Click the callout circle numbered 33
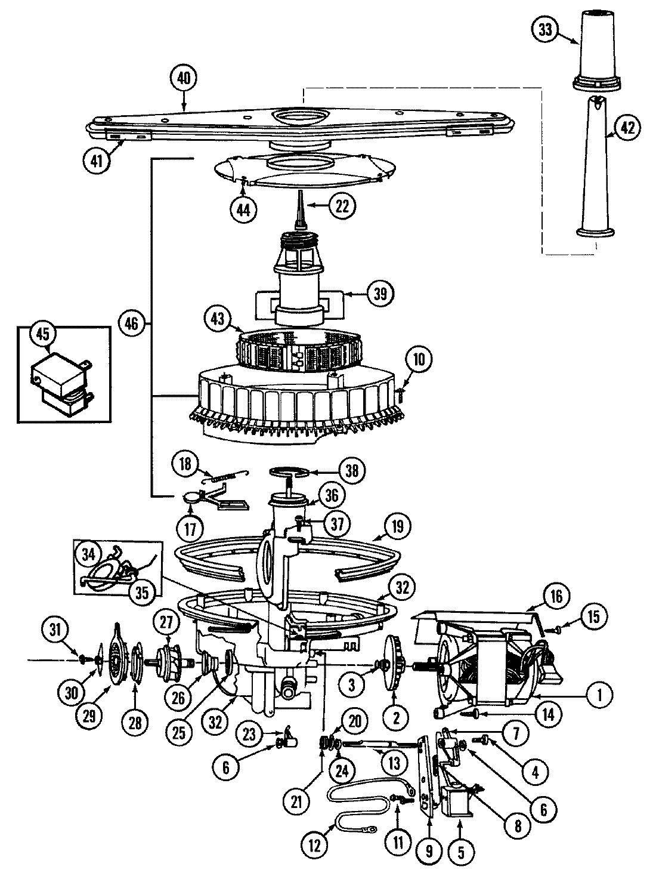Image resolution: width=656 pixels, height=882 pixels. tap(545, 30)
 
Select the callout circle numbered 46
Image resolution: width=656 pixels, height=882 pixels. tap(132, 324)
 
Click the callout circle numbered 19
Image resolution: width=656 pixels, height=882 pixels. tap(398, 526)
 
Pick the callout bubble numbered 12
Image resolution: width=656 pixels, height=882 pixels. tap(315, 844)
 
